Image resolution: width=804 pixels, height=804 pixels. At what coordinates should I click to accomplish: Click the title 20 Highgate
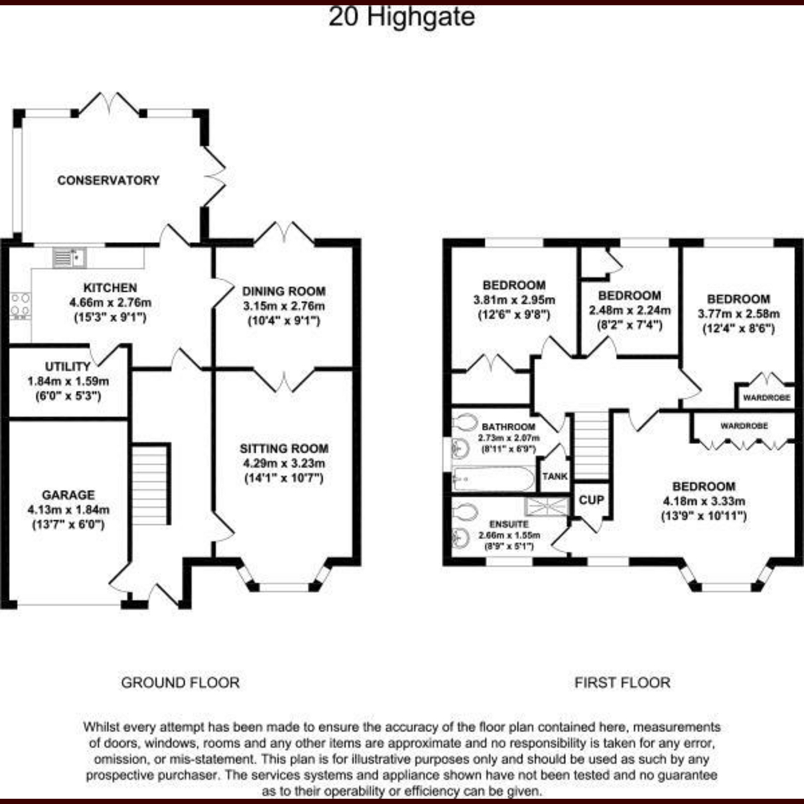pos(401,16)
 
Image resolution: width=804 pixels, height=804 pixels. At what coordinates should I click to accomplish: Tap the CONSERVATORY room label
pos(108,180)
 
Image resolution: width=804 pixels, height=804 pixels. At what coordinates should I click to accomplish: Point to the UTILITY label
pos(68,366)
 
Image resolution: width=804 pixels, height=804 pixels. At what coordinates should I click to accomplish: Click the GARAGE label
pos(68,495)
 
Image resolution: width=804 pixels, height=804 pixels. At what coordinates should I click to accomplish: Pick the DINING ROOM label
pos(283,291)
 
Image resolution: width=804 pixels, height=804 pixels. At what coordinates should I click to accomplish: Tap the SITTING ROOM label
pos(283,449)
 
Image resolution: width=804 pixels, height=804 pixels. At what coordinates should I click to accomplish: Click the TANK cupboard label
pos(555,476)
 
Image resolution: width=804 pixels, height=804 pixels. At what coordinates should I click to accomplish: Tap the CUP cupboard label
pos(591,500)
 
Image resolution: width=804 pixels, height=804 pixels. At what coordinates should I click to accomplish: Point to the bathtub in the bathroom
pos(493,478)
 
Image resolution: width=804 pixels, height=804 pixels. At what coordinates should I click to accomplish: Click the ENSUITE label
pos(509,524)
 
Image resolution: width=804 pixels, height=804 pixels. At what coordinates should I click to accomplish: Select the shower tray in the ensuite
pos(547,507)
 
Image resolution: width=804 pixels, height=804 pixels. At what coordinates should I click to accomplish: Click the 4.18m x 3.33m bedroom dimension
pos(703,501)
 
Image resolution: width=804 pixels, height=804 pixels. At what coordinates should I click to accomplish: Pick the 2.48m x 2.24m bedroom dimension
pos(629,311)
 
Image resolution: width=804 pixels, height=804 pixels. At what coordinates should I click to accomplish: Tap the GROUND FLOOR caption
pos(180,683)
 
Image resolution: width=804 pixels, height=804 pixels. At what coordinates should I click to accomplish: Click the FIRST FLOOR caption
pos(622,683)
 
